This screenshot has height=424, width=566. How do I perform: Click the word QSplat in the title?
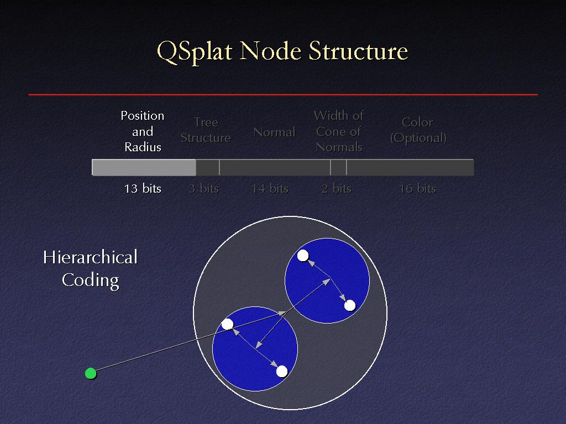pos(194,51)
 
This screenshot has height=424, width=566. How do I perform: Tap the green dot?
pos(91,373)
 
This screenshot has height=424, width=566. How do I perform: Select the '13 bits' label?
pos(143,189)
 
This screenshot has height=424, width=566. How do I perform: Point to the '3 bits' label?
pos(204,189)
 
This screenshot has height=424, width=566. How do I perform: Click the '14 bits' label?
pos(270,189)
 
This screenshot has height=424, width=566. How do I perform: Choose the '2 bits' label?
pos(337,189)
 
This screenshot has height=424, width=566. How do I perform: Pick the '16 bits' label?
pos(418,189)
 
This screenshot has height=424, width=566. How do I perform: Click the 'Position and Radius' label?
pos(143,131)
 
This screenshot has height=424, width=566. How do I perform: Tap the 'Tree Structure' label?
pos(206,130)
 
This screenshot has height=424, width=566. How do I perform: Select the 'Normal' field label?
pos(274,132)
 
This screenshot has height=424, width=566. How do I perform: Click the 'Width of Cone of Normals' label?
pos(339,131)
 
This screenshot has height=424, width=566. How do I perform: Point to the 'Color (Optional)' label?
pos(418,130)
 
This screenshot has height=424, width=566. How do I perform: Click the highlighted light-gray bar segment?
pos(144,168)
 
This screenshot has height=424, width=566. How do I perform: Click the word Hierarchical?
pos(90,257)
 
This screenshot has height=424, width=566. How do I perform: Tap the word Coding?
pos(91,280)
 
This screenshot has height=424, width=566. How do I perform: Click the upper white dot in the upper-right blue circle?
pos(303,256)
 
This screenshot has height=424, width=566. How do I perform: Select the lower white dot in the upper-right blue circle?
pos(350,306)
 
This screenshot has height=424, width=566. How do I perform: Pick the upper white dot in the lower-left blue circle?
pos(227,324)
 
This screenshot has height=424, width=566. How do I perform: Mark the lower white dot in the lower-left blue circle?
pos(282,371)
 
